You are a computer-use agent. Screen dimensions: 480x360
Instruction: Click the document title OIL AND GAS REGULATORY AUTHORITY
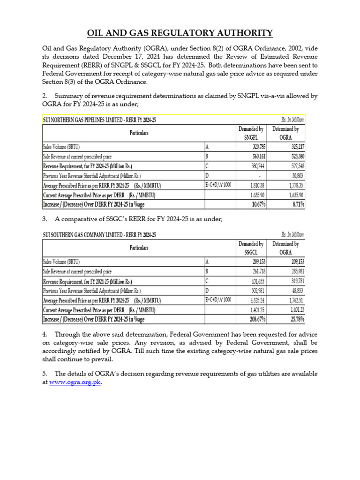pos(180,33)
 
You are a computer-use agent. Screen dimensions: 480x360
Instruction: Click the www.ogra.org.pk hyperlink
pos(75,382)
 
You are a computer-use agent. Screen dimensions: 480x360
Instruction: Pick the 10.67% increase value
pos(257,204)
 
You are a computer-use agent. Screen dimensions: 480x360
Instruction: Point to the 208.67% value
pos(255,319)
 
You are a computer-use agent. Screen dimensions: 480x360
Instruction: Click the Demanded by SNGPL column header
pos(251,133)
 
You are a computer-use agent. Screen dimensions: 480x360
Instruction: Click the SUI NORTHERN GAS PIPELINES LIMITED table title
pos(99,120)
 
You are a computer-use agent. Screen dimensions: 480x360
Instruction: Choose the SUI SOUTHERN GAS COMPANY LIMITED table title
pos(99,235)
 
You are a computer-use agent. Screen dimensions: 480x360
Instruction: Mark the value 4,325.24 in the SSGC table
pos(255,300)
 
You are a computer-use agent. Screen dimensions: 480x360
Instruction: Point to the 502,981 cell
pos(256,290)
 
